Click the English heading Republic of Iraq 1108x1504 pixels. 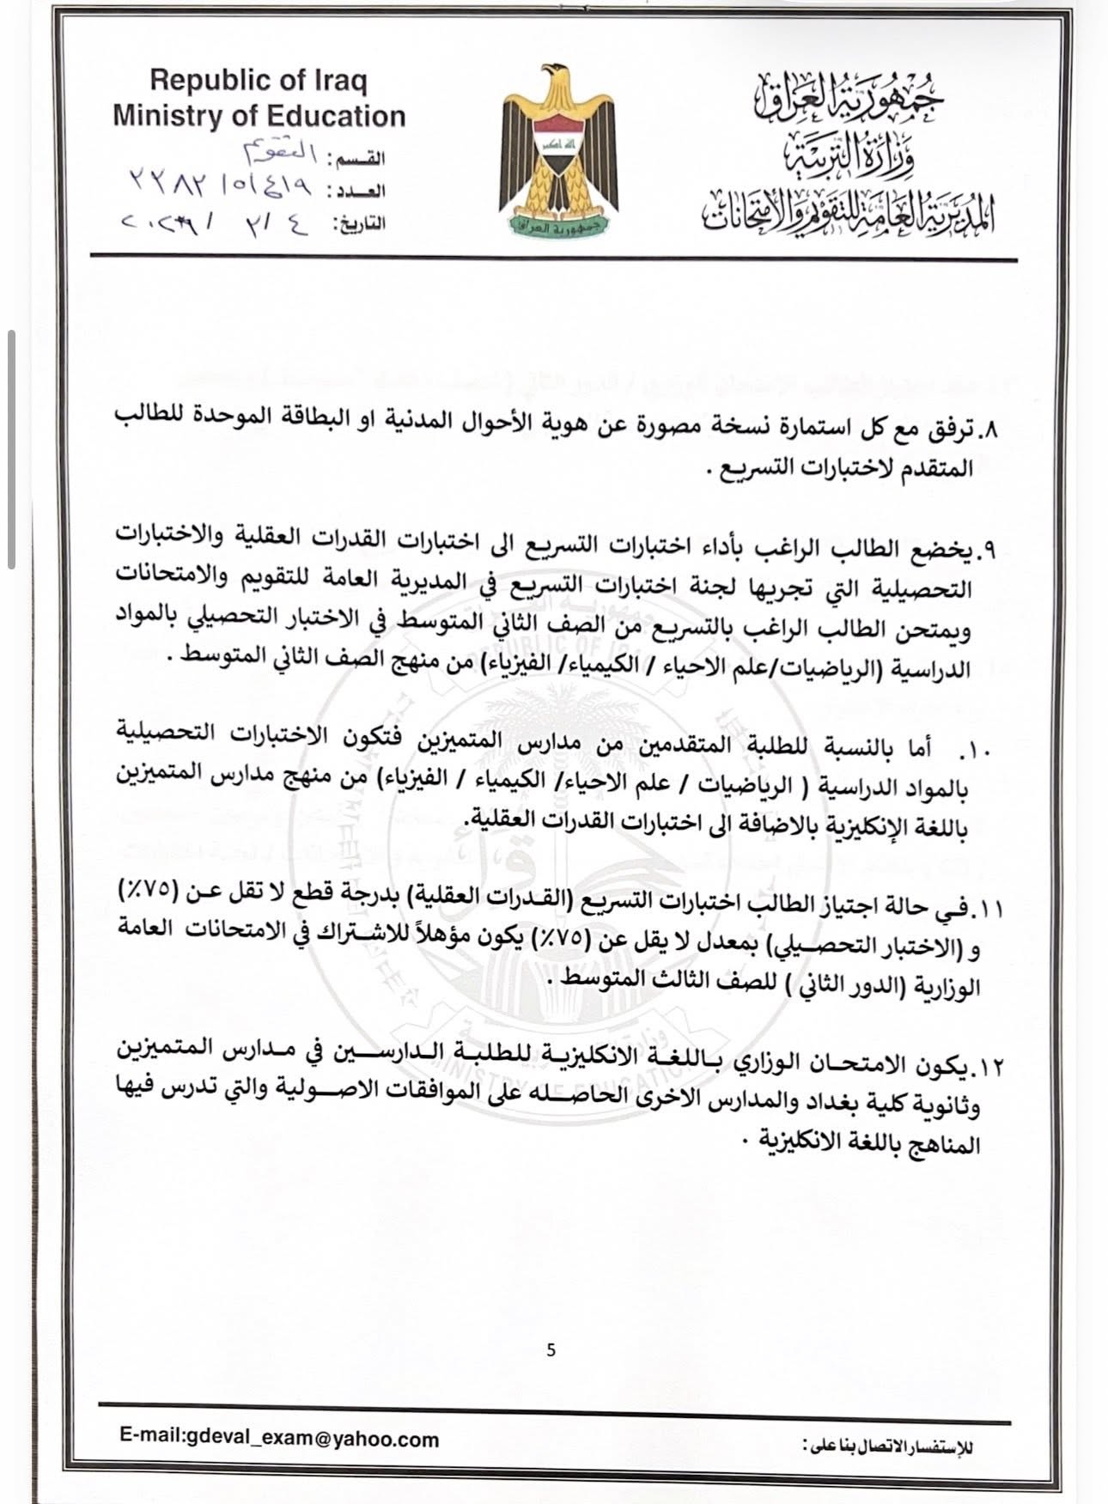click(x=258, y=82)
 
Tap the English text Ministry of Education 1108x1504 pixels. click(x=259, y=116)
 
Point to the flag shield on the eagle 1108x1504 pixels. click(x=553, y=141)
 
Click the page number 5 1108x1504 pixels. click(x=551, y=1350)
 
